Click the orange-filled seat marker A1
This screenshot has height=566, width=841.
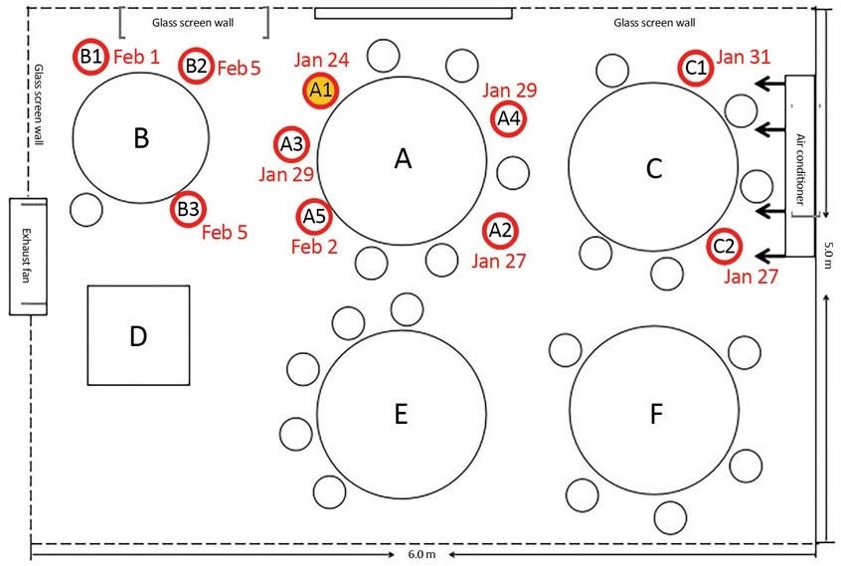[320, 90]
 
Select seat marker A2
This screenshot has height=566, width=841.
[499, 231]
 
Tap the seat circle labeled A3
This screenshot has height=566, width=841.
[292, 145]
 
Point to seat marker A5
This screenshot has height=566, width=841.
[313, 215]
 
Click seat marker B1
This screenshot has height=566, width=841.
[90, 57]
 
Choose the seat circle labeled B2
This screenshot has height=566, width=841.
[196, 67]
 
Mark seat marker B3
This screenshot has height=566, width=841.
[188, 209]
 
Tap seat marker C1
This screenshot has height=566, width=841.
[697, 68]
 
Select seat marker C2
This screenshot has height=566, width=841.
[725, 246]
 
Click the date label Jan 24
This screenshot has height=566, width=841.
[321, 60]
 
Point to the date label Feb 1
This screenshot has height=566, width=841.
[136, 56]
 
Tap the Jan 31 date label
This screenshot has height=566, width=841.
[744, 57]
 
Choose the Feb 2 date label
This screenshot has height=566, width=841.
[314, 246]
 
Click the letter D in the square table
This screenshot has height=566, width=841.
[138, 336]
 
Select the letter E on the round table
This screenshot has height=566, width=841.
[402, 414]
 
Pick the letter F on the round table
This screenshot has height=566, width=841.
[655, 414]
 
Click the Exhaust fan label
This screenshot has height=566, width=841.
[28, 257]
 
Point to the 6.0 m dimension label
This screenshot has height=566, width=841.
[422, 554]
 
